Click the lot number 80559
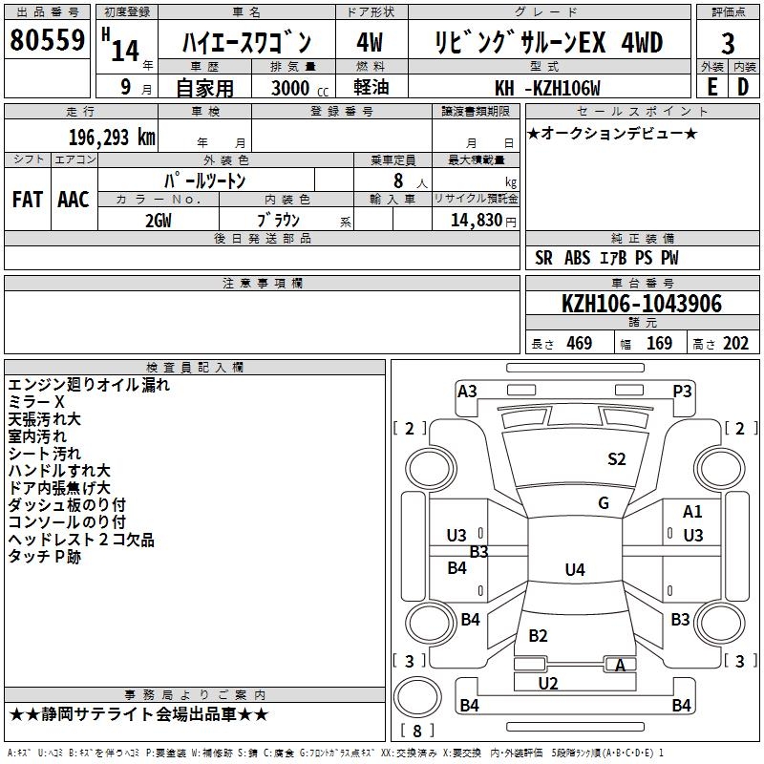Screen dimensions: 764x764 [x=46, y=41]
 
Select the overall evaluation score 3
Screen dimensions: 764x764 [x=728, y=44]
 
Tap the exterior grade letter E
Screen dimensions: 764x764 [x=711, y=85]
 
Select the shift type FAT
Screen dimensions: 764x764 [x=27, y=200]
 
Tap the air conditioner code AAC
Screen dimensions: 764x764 [x=73, y=200]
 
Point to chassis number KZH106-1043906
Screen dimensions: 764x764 [x=641, y=304]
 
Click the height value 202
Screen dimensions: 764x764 [x=735, y=343]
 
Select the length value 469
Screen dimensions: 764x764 [x=579, y=343]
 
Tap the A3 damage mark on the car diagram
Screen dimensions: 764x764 [x=467, y=391]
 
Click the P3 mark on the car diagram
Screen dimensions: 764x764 [x=682, y=391]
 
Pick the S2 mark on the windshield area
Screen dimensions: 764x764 [x=617, y=459]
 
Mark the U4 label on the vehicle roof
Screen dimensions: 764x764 [x=574, y=570]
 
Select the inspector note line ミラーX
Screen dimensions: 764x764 [x=36, y=402]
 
